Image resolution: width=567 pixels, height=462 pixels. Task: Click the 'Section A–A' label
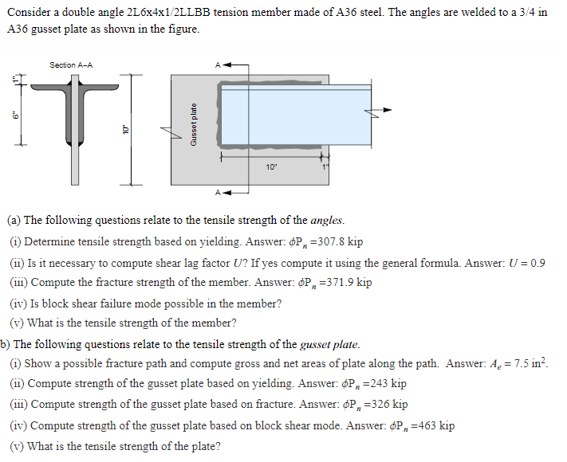[71, 65]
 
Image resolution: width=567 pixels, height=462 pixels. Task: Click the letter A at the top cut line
[216, 65]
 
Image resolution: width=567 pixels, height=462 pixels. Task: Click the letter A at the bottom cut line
[215, 192]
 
